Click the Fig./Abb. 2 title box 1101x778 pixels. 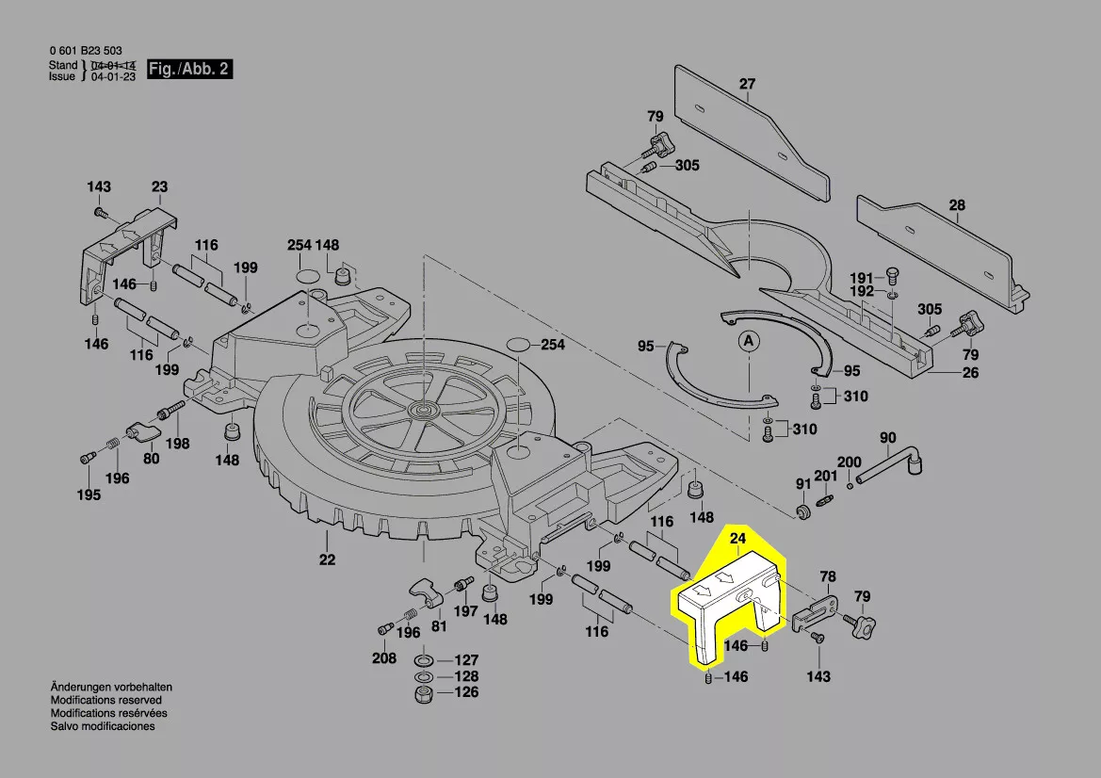coord(188,70)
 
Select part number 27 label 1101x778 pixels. coord(747,84)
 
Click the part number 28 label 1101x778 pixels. coord(957,204)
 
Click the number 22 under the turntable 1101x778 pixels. coord(326,559)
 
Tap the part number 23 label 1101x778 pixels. coord(159,186)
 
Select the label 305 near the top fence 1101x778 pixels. coord(687,165)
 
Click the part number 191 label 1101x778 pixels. coord(862,277)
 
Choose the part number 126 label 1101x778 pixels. coord(466,692)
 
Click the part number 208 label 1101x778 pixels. coord(383,658)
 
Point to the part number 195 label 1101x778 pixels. coord(89,495)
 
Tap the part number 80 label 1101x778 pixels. coord(151,459)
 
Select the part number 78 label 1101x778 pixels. coord(828,575)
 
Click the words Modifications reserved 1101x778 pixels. coord(105,701)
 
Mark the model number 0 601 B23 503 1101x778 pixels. coord(84,51)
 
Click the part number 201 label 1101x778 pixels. coord(825,476)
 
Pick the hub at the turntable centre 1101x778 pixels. coord(420,410)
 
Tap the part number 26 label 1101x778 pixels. coord(970,373)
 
